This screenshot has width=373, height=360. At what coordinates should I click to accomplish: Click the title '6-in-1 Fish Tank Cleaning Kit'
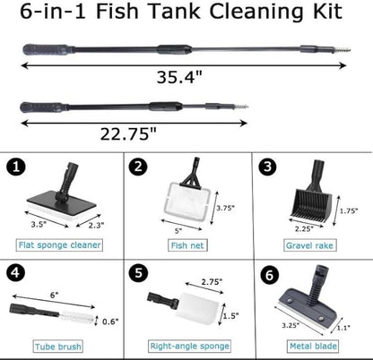point(186,13)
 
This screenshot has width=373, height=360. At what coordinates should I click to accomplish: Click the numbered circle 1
point(16,167)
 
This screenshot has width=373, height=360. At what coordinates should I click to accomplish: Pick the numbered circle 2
point(139,167)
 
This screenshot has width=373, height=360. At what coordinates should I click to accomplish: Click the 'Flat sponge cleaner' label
point(60,242)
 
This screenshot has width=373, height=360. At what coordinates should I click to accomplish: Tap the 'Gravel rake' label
point(308,242)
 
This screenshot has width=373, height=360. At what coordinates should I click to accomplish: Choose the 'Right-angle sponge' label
point(186,347)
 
